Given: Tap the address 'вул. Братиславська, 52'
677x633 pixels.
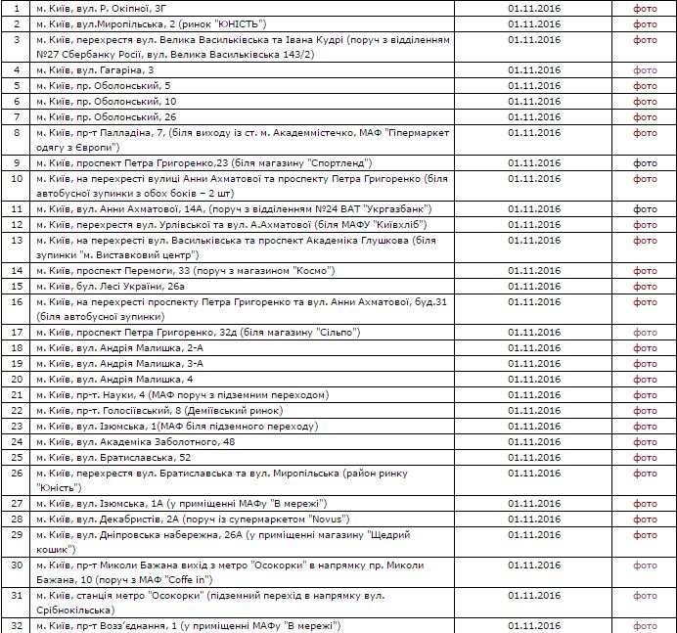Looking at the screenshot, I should click(128, 457).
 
